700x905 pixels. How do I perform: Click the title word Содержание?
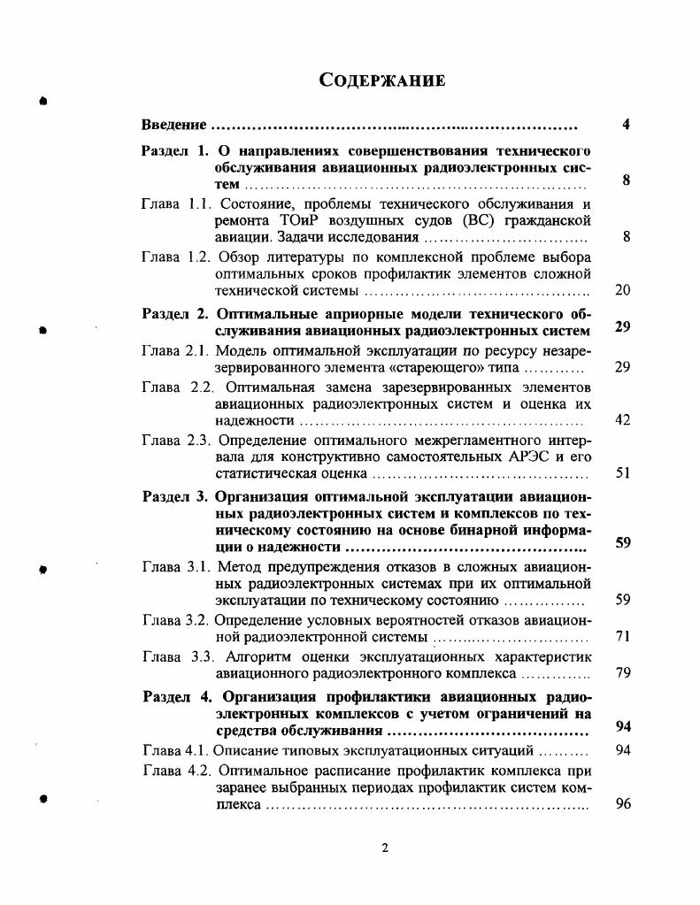(381, 81)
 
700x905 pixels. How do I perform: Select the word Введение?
(174, 125)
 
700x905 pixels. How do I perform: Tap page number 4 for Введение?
(626, 125)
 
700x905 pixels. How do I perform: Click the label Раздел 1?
(174, 150)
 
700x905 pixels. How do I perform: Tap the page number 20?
(622, 290)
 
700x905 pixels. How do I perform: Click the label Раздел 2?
(174, 314)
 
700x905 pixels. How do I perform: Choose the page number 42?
(622, 420)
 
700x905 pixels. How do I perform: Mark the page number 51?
(622, 473)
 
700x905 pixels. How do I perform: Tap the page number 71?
(622, 636)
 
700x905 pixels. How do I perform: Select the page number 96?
(622, 806)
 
